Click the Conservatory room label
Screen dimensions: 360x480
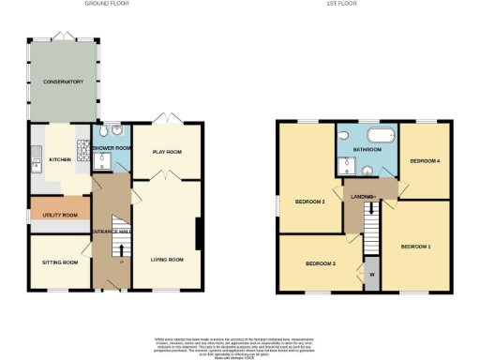coord(62,82)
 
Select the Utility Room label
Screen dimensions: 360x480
coord(58,215)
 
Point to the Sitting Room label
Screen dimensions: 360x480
coord(59,262)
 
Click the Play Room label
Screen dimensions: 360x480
coord(166,151)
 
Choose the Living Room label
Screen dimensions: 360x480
coord(166,260)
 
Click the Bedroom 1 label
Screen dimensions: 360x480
coord(416,247)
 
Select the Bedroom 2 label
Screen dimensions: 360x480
coord(309,202)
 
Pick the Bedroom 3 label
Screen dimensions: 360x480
coord(320,263)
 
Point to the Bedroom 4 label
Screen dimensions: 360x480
coord(425,161)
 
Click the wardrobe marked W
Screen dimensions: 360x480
coord(372,274)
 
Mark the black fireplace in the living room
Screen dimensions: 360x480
coord(199,233)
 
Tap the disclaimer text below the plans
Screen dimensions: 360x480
coord(239,345)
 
